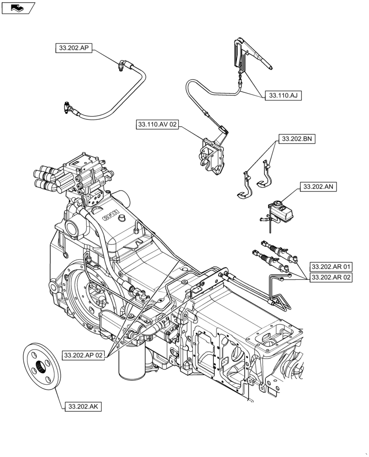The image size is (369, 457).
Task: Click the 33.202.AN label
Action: click(x=318, y=186)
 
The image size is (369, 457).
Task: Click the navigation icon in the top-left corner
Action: click(x=18, y=7)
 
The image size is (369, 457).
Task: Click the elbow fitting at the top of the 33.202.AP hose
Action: click(x=123, y=65)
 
